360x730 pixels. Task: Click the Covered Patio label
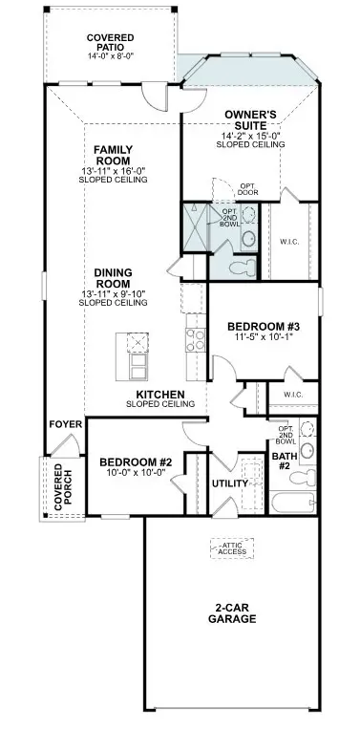pos(110,42)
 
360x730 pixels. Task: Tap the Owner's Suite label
pos(250,120)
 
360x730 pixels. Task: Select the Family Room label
pos(112,156)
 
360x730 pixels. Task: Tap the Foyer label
pos(61,423)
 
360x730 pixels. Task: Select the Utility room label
pos(230,483)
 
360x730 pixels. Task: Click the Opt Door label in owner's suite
pos(248,188)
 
